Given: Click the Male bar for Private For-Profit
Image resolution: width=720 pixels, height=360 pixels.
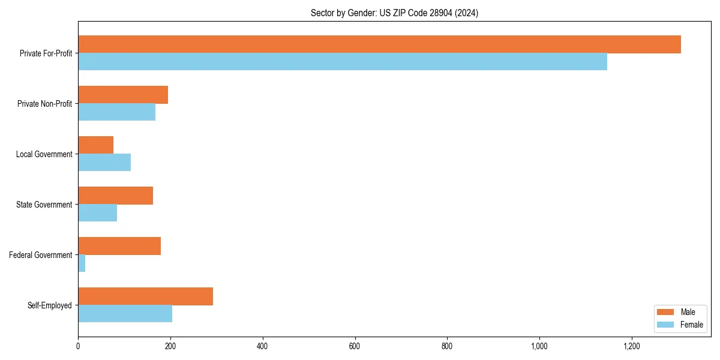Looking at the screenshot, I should pyautogui.click(x=379, y=44).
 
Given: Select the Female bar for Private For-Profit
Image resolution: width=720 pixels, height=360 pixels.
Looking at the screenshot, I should pyautogui.click(x=343, y=62).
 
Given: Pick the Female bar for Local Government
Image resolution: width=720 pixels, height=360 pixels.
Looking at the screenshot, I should pyautogui.click(x=104, y=163).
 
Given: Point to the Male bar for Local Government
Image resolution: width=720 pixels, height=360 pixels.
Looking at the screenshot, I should pyautogui.click(x=96, y=145).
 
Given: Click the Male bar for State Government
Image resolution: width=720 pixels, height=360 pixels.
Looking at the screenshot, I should pyautogui.click(x=115, y=196).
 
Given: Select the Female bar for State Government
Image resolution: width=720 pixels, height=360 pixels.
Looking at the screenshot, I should pyautogui.click(x=97, y=213).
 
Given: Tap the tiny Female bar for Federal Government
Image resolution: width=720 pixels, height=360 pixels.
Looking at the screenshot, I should pyautogui.click(x=82, y=263).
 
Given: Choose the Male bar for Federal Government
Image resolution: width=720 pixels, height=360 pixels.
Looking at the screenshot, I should pyautogui.click(x=119, y=246).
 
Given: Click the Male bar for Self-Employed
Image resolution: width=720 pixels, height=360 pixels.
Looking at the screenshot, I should pyautogui.click(x=145, y=296).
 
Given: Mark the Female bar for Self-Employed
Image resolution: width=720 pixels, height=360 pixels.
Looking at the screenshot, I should pyautogui.click(x=125, y=314).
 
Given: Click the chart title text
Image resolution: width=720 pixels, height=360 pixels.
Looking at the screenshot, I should pyautogui.click(x=394, y=13).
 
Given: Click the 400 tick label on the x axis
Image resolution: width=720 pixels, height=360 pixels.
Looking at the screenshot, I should pyautogui.click(x=262, y=346).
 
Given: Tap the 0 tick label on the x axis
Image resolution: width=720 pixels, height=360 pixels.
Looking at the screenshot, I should pyautogui.click(x=78, y=346).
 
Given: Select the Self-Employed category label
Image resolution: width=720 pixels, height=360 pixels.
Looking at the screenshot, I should pyautogui.click(x=50, y=305).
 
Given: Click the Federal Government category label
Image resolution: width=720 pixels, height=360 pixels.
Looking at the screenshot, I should pyautogui.click(x=41, y=255).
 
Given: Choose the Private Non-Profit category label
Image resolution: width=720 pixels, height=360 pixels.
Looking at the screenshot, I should pyautogui.click(x=44, y=104).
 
